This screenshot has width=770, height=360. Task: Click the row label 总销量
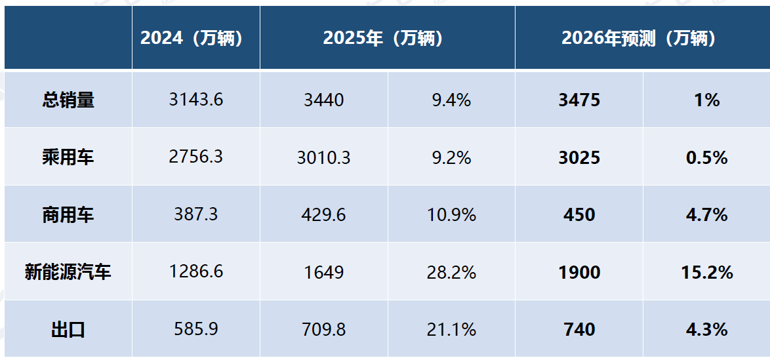click(x=68, y=100)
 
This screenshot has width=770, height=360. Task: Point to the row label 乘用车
click(x=68, y=157)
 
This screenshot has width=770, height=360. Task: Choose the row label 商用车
click(x=68, y=215)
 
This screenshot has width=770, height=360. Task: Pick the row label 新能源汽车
click(x=68, y=272)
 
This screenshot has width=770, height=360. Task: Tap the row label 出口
click(x=68, y=330)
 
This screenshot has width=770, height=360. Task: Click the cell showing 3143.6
click(x=196, y=100)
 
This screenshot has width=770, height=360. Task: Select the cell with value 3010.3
click(x=323, y=157)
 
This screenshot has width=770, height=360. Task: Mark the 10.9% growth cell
click(x=452, y=215)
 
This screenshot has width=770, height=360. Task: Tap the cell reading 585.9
click(x=196, y=330)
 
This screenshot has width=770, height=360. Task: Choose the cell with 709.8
click(x=323, y=330)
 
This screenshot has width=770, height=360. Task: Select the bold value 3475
click(x=579, y=100)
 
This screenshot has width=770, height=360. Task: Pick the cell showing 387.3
click(x=196, y=215)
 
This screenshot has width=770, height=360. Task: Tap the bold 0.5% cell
click(x=707, y=157)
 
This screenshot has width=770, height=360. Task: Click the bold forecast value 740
click(x=579, y=330)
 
